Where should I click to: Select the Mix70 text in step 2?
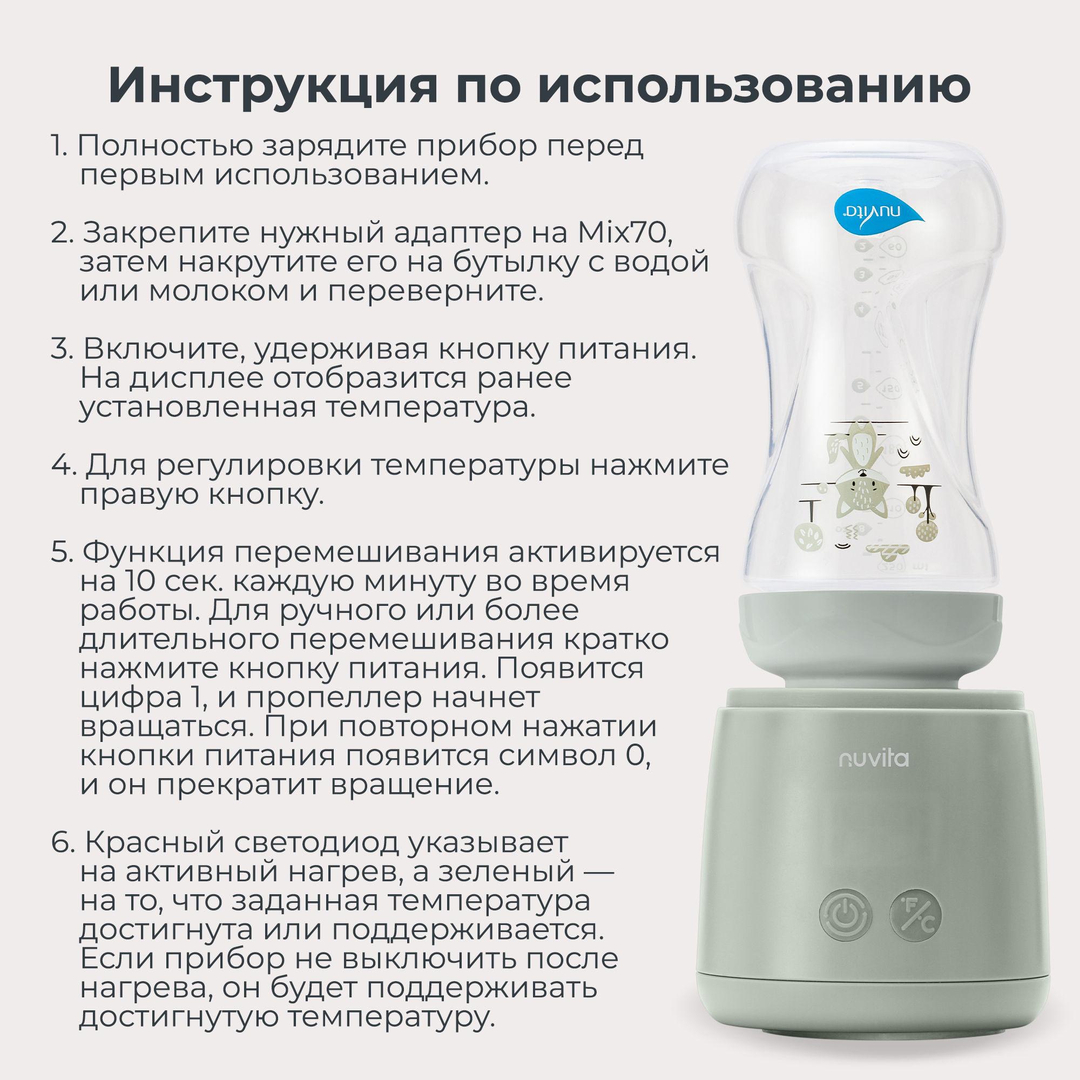[x=624, y=233]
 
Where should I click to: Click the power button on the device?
[x=846, y=916]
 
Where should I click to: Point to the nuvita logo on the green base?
[x=874, y=759]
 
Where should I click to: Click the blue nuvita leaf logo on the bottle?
[x=874, y=212]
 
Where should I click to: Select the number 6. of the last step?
[x=63, y=842]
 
